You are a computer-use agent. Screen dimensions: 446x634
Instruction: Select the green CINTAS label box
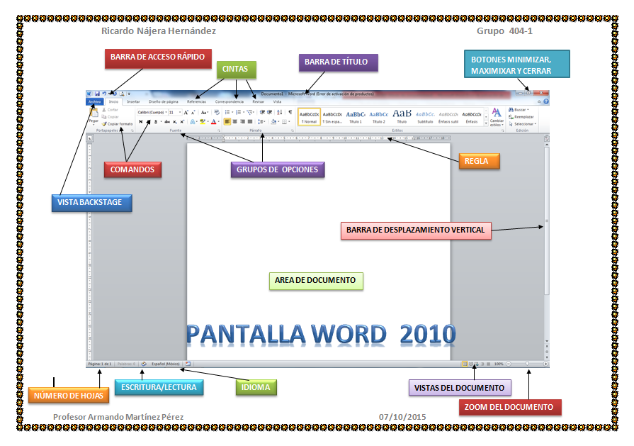235,69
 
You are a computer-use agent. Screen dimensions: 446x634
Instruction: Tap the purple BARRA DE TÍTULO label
338,62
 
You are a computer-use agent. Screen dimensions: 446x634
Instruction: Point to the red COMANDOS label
133,169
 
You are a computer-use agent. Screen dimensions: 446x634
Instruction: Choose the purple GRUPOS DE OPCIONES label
278,169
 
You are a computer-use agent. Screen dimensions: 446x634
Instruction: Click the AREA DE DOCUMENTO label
315,281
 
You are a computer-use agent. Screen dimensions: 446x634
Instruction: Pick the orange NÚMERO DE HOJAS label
69,396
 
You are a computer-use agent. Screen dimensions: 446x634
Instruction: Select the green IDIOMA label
256,387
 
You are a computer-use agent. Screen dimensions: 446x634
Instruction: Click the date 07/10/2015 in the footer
402,418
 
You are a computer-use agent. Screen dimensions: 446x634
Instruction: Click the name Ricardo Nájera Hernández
159,32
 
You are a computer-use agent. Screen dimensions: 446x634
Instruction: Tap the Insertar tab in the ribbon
133,101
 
